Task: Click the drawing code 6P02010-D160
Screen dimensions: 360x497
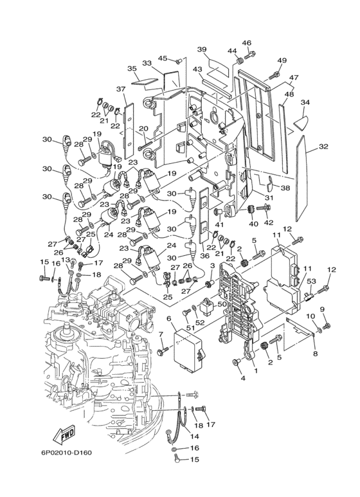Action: coord(66,452)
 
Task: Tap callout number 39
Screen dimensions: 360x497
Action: coord(202,49)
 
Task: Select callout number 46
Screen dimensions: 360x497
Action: coord(247,43)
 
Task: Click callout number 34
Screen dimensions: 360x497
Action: coord(305,102)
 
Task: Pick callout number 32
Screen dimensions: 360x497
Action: coord(323,147)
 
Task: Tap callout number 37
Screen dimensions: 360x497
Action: coord(121,89)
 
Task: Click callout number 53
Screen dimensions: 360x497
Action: coord(312,280)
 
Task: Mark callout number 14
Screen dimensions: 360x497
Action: coord(195,437)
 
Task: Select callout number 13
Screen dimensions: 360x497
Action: coord(66,260)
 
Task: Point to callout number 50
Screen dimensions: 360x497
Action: coord(222,304)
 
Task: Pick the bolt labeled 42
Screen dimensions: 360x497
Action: coord(264,208)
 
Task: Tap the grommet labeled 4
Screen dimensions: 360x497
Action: coord(236,361)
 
